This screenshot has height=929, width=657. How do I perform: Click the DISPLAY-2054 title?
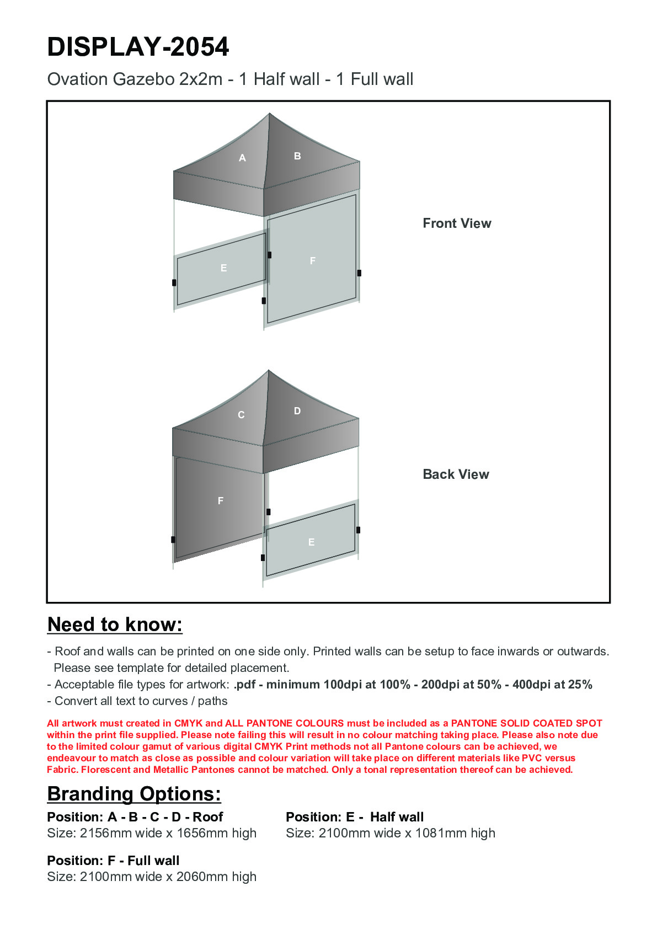coord(138,47)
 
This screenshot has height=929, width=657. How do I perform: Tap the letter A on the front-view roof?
coord(242,158)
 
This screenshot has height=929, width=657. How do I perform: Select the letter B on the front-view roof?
coord(297,156)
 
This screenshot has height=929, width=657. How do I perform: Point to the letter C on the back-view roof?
coord(241,415)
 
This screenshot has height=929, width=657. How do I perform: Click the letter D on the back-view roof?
coord(297,411)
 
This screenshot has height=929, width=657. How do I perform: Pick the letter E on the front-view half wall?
coord(223,268)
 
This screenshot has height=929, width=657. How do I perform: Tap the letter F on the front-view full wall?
coord(313,261)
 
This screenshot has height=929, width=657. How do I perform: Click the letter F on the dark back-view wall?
coord(221,501)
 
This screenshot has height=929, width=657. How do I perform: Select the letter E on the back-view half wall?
coord(312,542)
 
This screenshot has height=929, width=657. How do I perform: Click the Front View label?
coord(457,223)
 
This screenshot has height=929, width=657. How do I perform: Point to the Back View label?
coord(456,474)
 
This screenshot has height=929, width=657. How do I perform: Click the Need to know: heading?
coord(115,624)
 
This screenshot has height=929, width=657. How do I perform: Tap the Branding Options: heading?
coord(134,794)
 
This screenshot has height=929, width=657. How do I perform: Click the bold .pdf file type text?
coord(244,685)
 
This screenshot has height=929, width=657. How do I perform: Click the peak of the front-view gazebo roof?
coord(269,114)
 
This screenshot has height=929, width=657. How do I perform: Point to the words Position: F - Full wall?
coord(113,861)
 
